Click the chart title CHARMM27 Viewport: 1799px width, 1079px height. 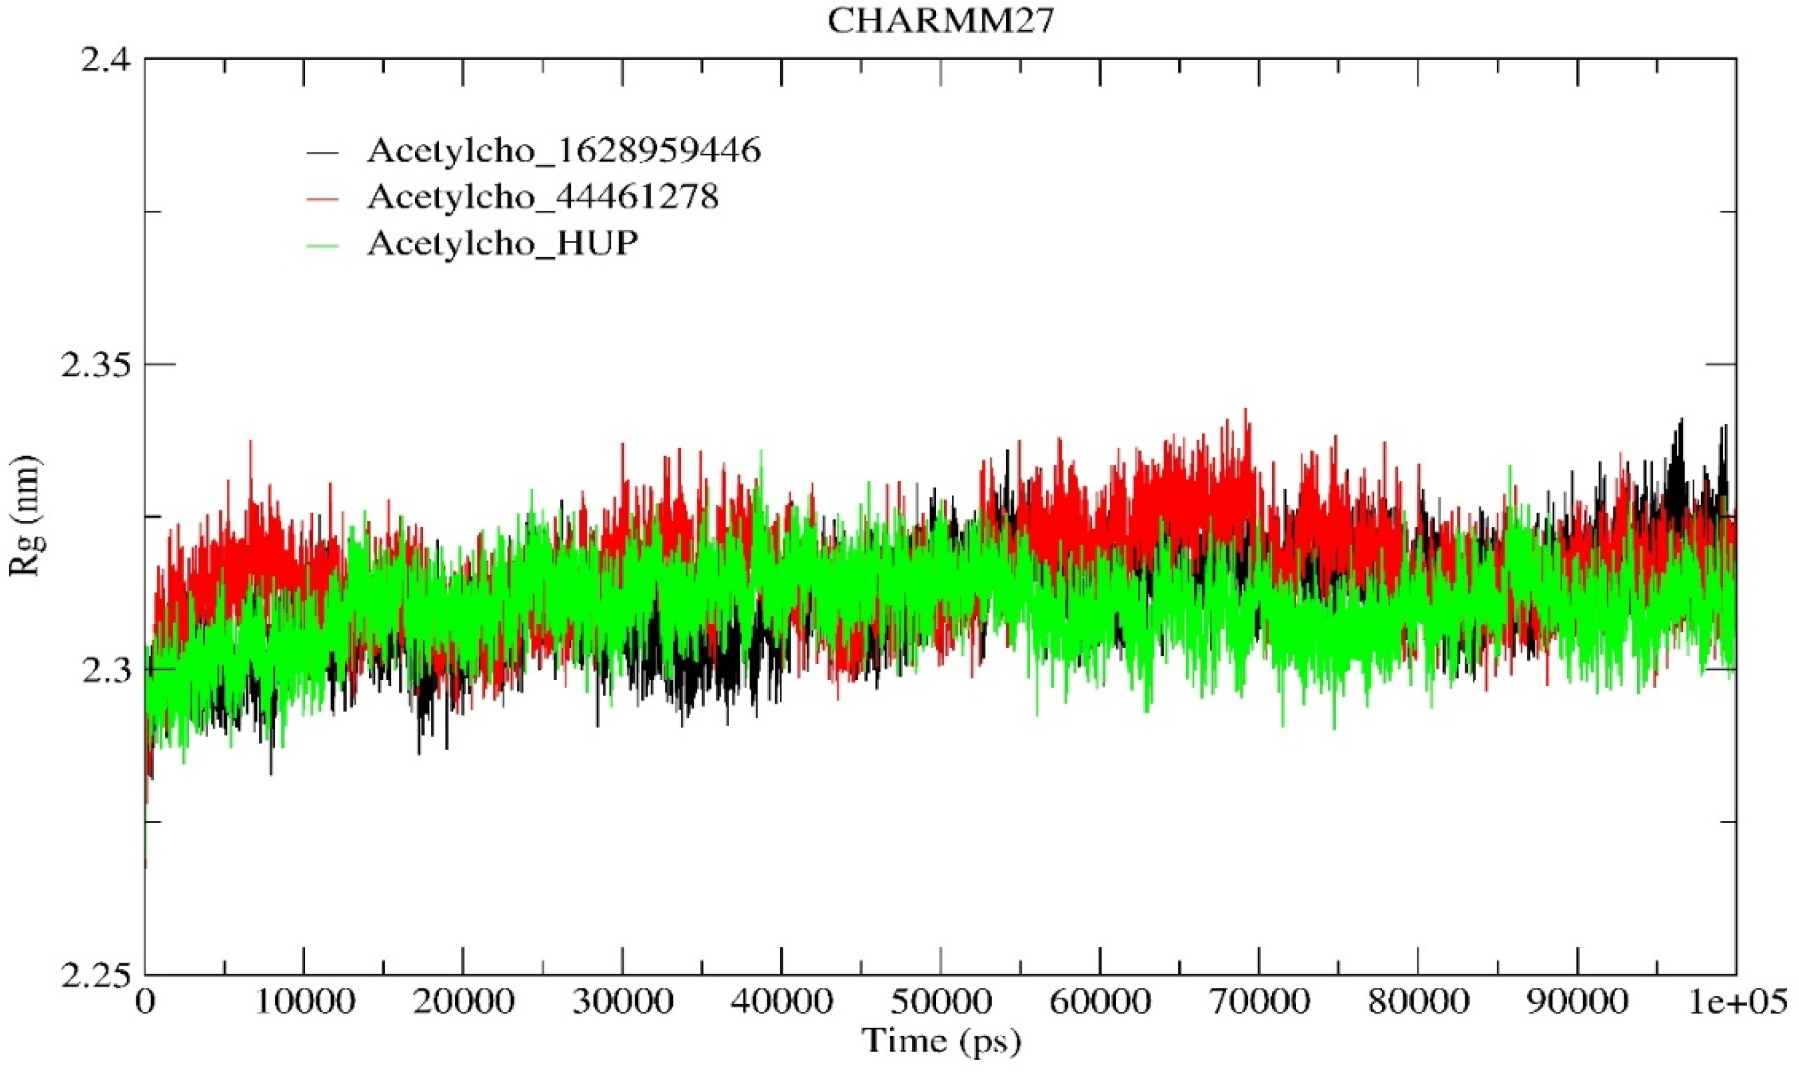pyautogui.click(x=940, y=22)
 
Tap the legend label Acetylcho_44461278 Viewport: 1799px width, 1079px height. pyautogui.click(x=543, y=197)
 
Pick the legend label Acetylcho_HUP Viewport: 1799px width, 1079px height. pyautogui.click(x=502, y=243)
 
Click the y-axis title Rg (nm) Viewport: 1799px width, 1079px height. pyautogui.click(x=26, y=516)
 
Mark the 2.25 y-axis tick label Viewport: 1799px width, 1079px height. pyautogui.click(x=95, y=976)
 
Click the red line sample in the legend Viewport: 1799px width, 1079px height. pyautogui.click(x=323, y=198)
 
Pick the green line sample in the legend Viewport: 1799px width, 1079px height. pyautogui.click(x=323, y=244)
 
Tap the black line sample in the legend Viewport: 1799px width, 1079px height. pyautogui.click(x=323, y=152)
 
